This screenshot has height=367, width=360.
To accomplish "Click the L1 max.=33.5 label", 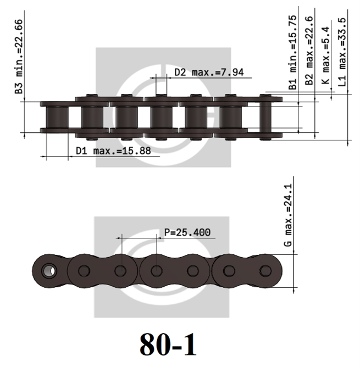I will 342,52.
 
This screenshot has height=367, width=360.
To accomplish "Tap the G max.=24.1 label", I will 288,217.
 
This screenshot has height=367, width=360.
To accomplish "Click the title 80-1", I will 168,344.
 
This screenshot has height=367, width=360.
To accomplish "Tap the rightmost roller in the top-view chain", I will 231,116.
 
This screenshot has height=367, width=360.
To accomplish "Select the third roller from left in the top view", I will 126,116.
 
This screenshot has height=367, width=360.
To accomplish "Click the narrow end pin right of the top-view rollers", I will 264,116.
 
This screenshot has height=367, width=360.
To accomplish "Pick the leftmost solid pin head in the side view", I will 84,271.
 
